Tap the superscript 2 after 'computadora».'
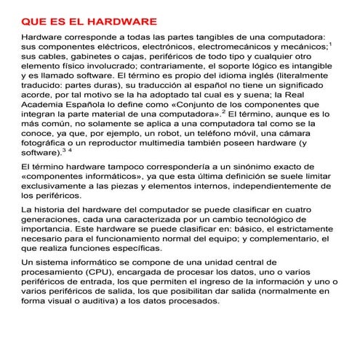tap(224, 111)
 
